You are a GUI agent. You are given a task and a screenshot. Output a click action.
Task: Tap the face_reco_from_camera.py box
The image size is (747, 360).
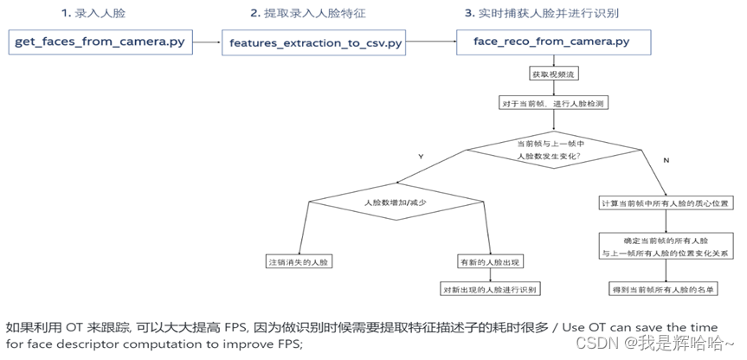551,41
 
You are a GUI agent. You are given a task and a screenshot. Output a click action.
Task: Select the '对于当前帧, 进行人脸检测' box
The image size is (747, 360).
551,103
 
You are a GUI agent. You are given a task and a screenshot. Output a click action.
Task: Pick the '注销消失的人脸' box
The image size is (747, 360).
299,261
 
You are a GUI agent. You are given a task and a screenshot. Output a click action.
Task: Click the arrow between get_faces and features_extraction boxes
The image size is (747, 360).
207,41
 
